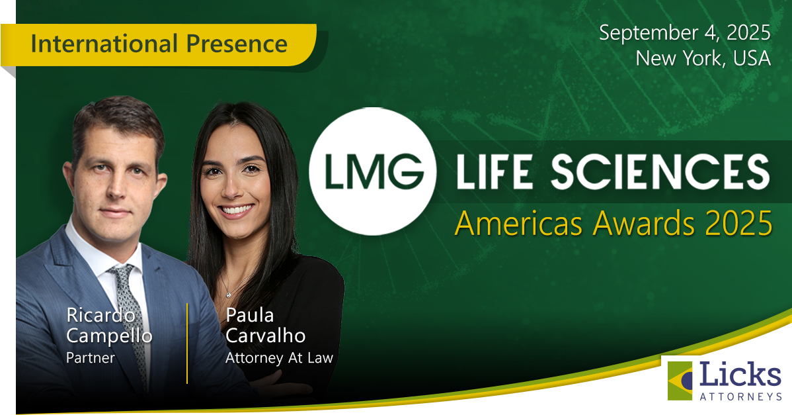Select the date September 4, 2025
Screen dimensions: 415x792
pyautogui.click(x=685, y=32)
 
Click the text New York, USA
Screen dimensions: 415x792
pyautogui.click(x=703, y=58)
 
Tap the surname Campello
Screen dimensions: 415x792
pyautogui.click(x=109, y=336)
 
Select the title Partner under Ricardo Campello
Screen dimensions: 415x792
pyautogui.click(x=91, y=358)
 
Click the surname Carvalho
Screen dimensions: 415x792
pyautogui.click(x=265, y=336)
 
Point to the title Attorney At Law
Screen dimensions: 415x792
pyautogui.click(x=279, y=358)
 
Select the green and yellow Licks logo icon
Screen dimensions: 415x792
pyautogui.click(x=680, y=381)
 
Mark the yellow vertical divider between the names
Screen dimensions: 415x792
pyautogui.click(x=187, y=343)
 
